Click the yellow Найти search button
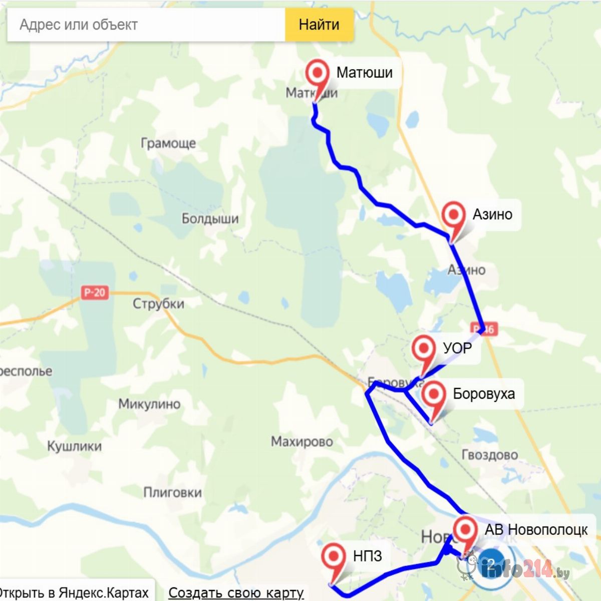tap(319, 25)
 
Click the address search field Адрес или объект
tap(145, 25)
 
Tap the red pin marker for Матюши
tap(317, 74)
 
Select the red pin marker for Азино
tap(454, 216)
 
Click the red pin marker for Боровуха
tap(434, 395)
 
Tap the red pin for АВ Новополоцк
tap(466, 530)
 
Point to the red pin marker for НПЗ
tap(334, 557)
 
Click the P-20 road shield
tap(95, 292)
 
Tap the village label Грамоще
tap(168, 144)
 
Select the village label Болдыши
tap(210, 219)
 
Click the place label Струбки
tap(158, 304)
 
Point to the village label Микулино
tap(149, 404)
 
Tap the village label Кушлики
tap(74, 446)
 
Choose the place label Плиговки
tap(172, 493)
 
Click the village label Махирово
tap(302, 442)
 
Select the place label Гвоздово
tap(489, 455)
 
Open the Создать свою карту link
tap(236, 592)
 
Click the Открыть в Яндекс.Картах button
tap(75, 592)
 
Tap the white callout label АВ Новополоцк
tap(536, 530)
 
